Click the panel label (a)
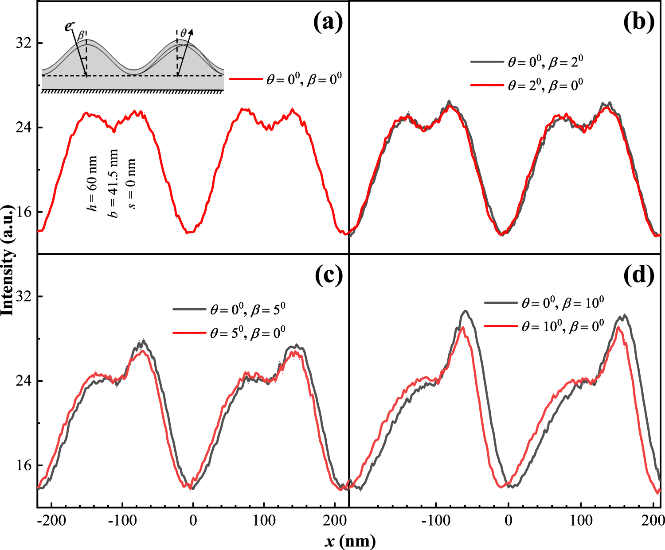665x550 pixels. (x=328, y=23)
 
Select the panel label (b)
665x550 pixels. (x=639, y=23)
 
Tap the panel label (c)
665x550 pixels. (x=328, y=276)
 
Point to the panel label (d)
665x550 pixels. (x=639, y=276)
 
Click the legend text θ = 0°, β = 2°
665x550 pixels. (x=545, y=62)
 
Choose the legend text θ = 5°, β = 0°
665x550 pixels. (x=247, y=332)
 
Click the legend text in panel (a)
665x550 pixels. (x=304, y=80)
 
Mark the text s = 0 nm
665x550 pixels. (x=132, y=184)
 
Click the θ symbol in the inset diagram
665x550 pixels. (x=184, y=33)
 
